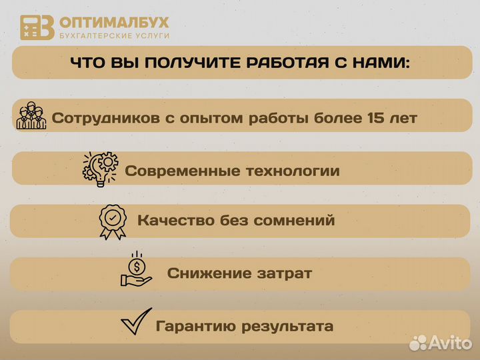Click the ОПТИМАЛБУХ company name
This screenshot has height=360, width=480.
[x=115, y=22]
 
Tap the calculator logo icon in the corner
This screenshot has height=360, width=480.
[x=37, y=27]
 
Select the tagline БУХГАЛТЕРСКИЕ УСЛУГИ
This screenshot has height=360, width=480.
[x=115, y=35]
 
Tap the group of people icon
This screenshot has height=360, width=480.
[x=31, y=116]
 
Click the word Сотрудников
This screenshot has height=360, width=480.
[x=105, y=118]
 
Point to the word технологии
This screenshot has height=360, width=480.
[x=293, y=171]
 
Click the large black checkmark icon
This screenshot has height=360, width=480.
[x=136, y=324]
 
